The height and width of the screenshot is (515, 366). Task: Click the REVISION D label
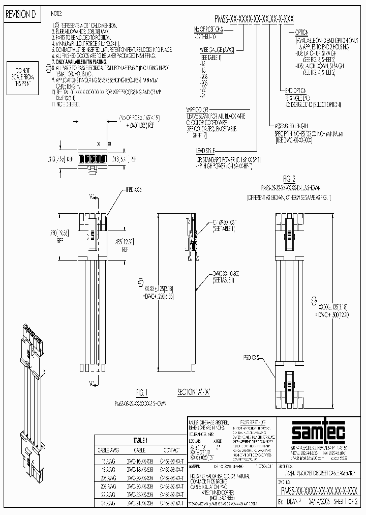tap(21, 15)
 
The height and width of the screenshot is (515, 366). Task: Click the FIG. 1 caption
tap(142, 392)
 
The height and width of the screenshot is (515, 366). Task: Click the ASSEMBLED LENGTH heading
tap(291, 126)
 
